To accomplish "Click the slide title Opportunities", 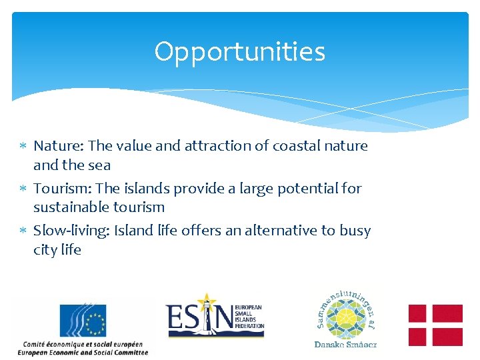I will click(239, 52).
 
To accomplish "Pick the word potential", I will click(306, 189).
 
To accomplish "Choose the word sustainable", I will click(71, 207).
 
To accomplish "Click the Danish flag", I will click(435, 325).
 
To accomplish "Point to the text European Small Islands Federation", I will click(249, 317).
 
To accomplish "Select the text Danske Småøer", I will click(345, 345).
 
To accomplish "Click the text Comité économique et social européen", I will click(83, 344).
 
